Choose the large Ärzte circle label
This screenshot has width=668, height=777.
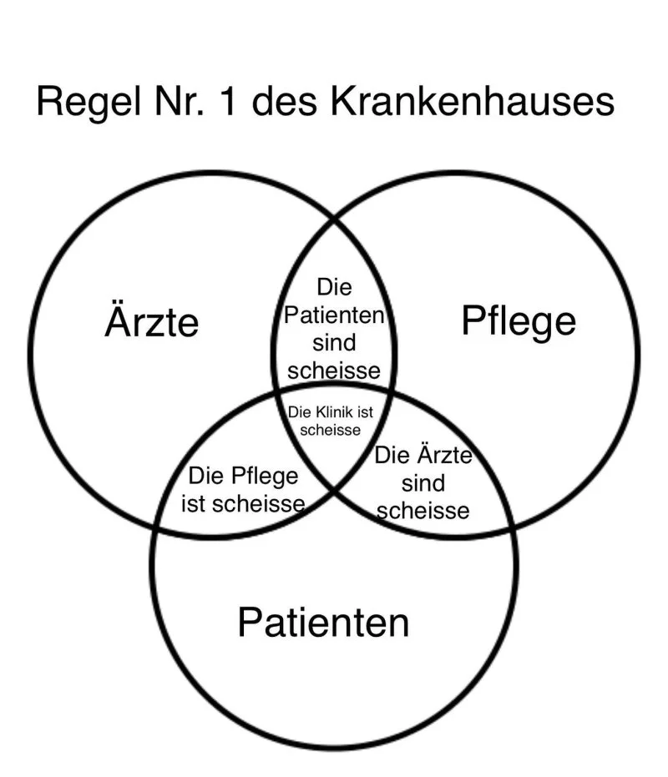click(152, 322)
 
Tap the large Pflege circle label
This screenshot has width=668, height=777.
click(519, 322)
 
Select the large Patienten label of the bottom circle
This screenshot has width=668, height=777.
click(323, 623)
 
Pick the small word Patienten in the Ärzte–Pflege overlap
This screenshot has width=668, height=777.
click(334, 316)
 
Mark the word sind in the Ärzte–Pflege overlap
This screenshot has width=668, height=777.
click(334, 343)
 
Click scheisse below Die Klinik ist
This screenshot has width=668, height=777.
click(330, 431)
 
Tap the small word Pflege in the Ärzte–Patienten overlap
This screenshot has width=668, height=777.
click(266, 477)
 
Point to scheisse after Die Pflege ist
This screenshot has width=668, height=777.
click(266, 504)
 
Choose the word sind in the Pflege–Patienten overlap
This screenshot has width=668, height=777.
click(423, 483)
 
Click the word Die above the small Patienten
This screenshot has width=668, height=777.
click(334, 288)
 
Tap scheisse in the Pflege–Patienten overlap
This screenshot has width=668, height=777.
click(423, 510)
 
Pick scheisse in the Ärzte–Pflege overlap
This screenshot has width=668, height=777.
click(334, 370)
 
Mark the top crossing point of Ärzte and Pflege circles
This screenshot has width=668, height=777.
click(335, 219)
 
